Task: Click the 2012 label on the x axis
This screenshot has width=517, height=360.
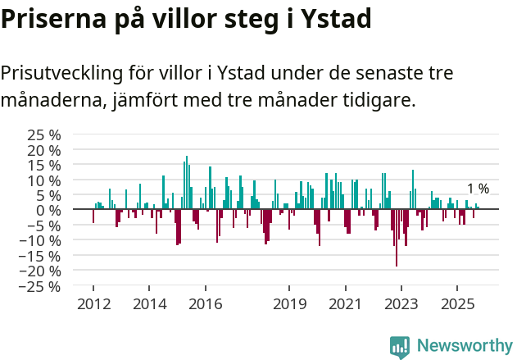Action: [x=93, y=304]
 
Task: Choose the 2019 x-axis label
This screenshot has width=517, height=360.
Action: [x=289, y=304]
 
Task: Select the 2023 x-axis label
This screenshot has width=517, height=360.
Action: [x=401, y=304]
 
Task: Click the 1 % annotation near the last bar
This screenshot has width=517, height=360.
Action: [x=478, y=189]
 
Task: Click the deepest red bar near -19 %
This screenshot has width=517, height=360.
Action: [x=397, y=238]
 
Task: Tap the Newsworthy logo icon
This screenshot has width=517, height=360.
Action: [x=400, y=346]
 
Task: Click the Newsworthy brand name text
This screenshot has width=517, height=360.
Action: [x=464, y=346]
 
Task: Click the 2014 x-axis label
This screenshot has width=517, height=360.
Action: [x=149, y=304]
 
